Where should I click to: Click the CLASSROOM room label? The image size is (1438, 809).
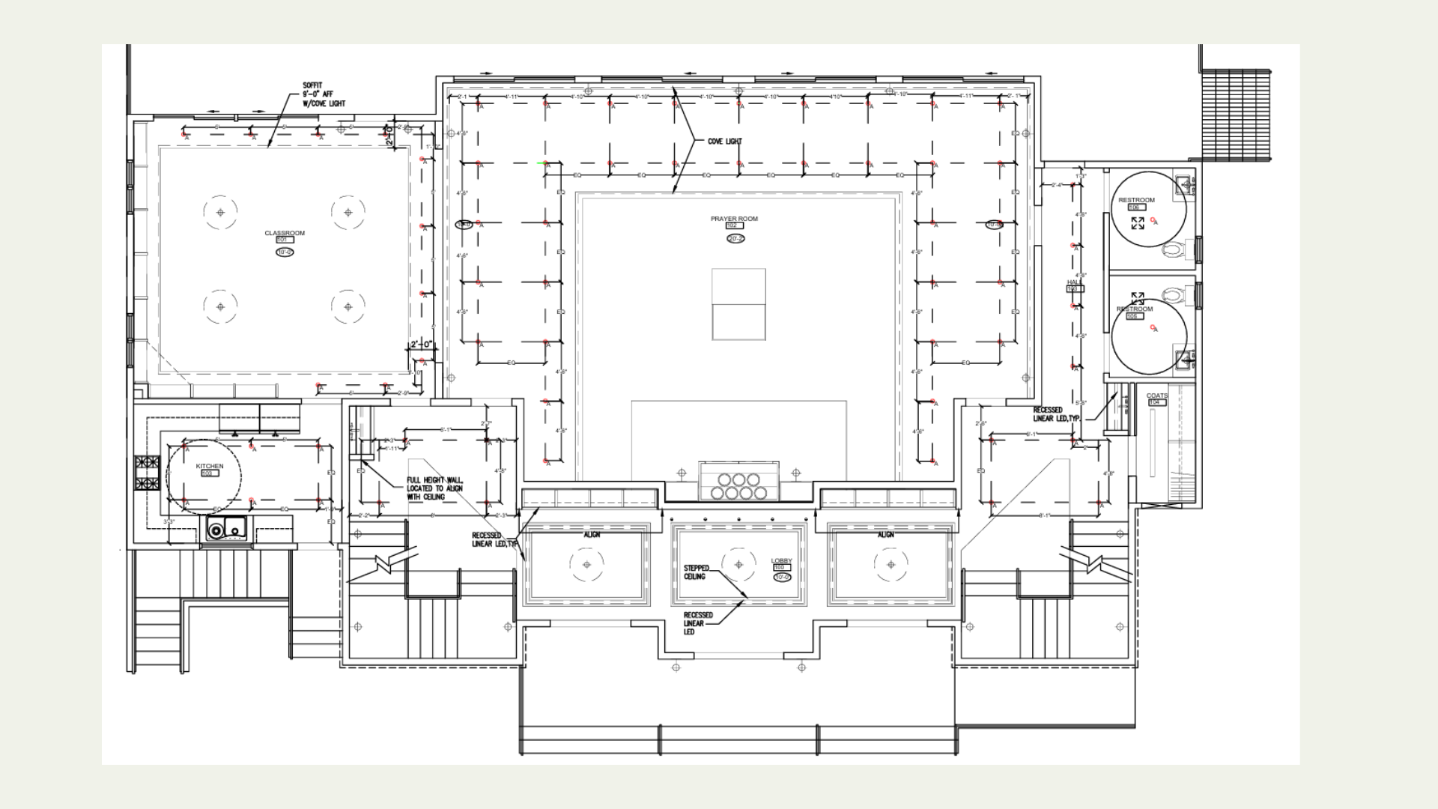pos(285,233)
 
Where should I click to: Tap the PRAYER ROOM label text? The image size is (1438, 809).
pos(734,219)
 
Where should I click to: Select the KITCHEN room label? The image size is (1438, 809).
pos(210,466)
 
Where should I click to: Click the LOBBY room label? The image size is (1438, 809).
pos(781,560)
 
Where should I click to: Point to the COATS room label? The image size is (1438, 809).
pos(1157,396)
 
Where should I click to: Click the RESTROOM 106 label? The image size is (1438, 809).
pos(1136,200)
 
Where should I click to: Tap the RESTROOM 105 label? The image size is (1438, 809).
pos(1135,309)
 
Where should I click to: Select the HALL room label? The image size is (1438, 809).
pos(1074,282)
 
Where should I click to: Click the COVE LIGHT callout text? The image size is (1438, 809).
pos(724,141)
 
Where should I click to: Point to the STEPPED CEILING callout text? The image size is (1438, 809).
pos(696,572)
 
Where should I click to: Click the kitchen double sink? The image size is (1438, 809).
pos(226,530)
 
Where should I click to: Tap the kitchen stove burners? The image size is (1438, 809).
pos(147,473)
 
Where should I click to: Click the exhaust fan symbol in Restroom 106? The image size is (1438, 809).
pos(1138,223)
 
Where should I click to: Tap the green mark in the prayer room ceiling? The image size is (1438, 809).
pos(541,163)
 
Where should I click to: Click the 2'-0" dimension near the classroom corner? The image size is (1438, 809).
pos(421,345)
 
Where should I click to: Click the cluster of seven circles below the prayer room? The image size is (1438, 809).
pos(738,485)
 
